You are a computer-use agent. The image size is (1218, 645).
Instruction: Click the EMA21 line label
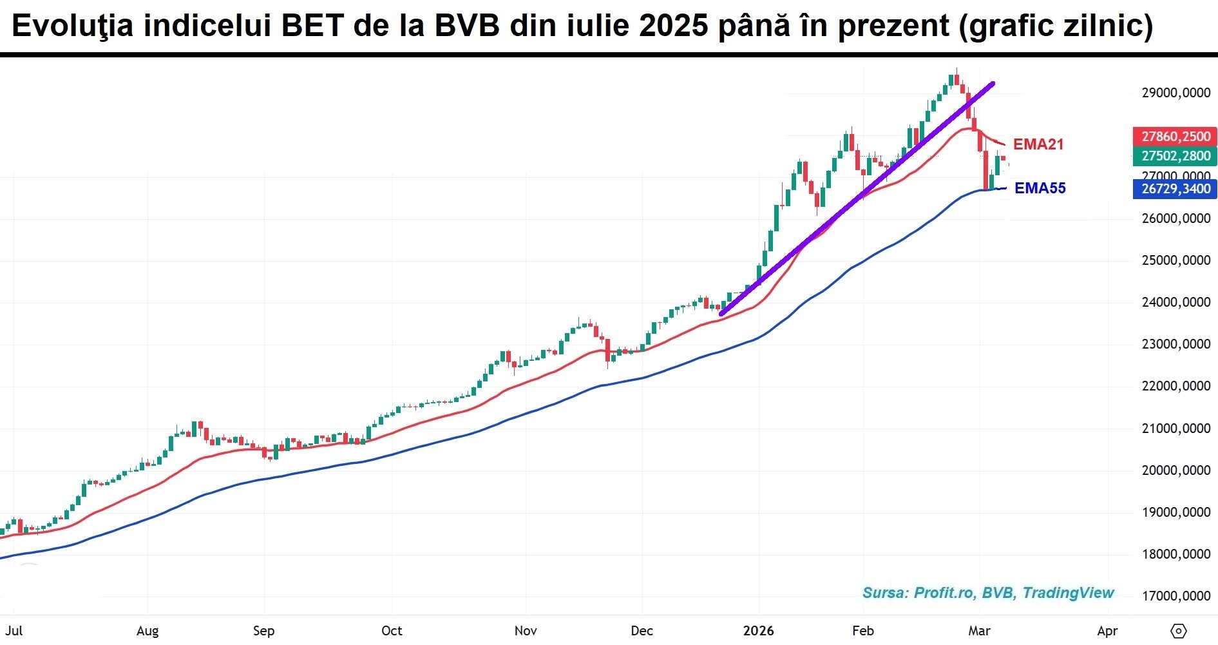point(1038,144)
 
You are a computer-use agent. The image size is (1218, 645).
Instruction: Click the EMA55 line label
point(1040,188)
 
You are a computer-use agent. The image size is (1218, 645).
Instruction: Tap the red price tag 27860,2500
point(1175,137)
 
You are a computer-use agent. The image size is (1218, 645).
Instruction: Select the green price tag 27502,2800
point(1175,156)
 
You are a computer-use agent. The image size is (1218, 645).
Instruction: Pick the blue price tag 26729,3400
point(1175,189)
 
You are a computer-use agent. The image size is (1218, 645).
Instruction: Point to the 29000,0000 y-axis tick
point(1175,93)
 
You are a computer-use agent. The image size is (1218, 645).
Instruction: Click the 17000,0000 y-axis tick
point(1175,596)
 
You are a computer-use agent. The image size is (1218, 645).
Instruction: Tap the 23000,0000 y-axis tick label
point(1175,344)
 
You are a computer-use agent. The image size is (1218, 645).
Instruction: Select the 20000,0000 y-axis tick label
point(1175,470)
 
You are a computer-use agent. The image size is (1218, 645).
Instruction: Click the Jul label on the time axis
point(14,631)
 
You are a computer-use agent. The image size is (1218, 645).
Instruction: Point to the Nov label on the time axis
point(526,631)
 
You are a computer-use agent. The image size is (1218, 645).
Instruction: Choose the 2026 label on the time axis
point(758,631)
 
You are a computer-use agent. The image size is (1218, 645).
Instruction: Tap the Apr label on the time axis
point(1107,631)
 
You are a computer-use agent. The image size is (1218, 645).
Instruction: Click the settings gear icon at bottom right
point(1179,631)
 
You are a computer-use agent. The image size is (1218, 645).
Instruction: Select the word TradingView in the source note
point(1068,593)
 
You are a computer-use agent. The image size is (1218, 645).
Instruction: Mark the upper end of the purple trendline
point(993,84)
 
